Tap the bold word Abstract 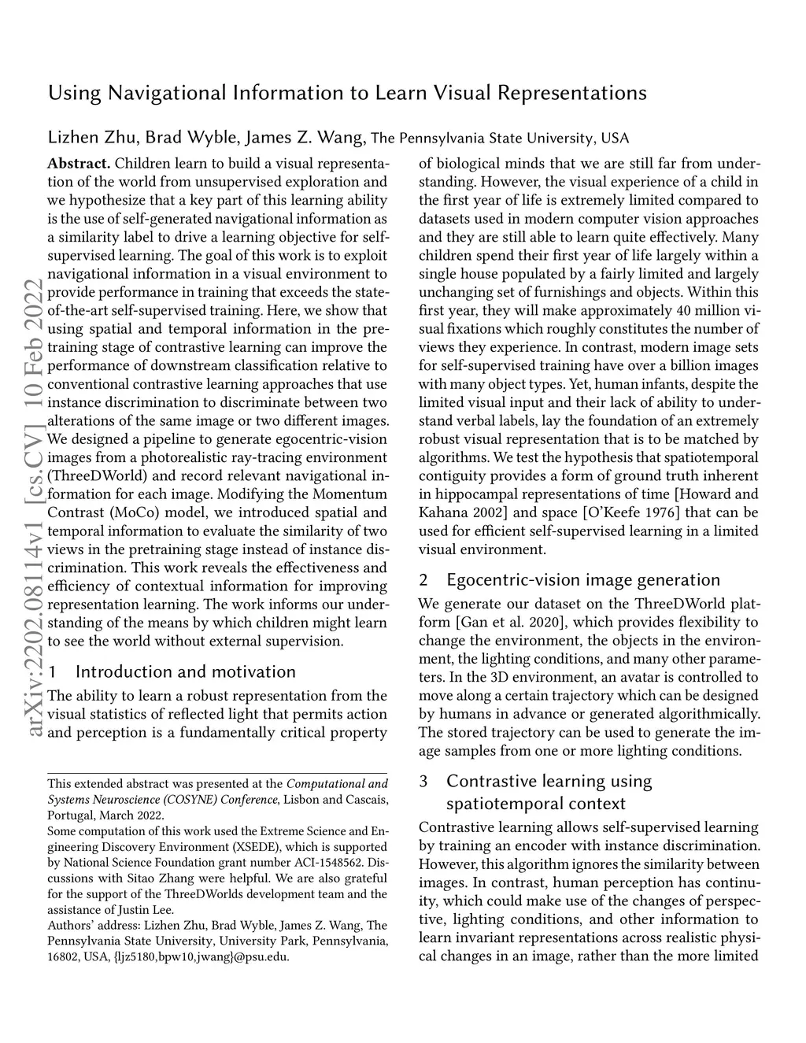[x=79, y=164]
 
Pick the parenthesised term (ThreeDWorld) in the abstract [x=98, y=476]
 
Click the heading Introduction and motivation [x=186, y=671]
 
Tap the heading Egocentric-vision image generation [x=582, y=580]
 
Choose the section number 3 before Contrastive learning [x=423, y=782]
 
